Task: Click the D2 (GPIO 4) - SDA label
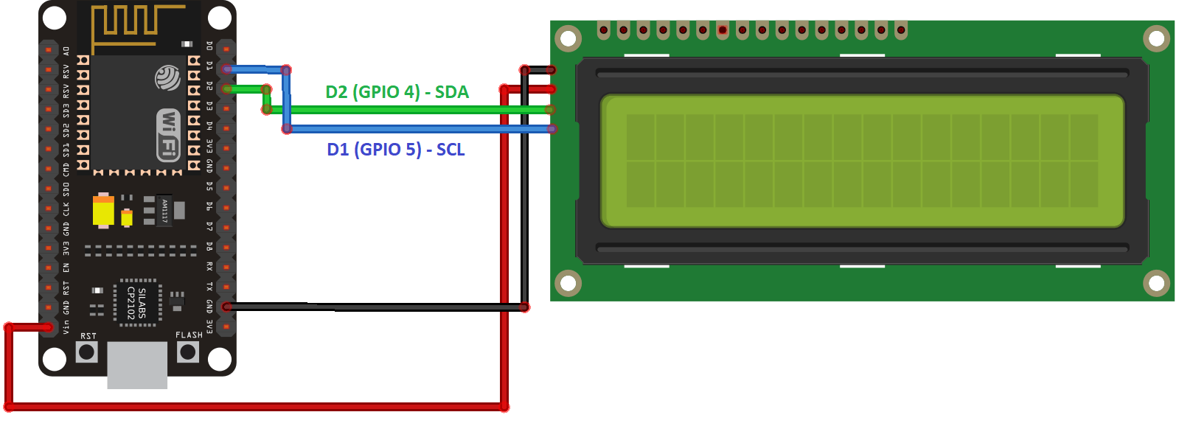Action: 397,92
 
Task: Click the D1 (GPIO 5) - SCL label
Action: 396,150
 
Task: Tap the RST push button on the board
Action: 87,352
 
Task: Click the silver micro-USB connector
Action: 137,365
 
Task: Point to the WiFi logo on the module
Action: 169,135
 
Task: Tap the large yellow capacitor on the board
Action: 103,211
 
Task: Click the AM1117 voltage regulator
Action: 164,211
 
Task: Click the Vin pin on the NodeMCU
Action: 49,327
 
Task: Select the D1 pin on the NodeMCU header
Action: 226,69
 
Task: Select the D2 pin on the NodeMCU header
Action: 226,89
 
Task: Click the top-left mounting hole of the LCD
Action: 568,38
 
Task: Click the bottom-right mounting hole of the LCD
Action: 1156,283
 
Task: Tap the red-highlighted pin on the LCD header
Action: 723,30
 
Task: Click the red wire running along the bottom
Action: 258,407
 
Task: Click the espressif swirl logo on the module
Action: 167,77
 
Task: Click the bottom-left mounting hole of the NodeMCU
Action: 55,359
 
